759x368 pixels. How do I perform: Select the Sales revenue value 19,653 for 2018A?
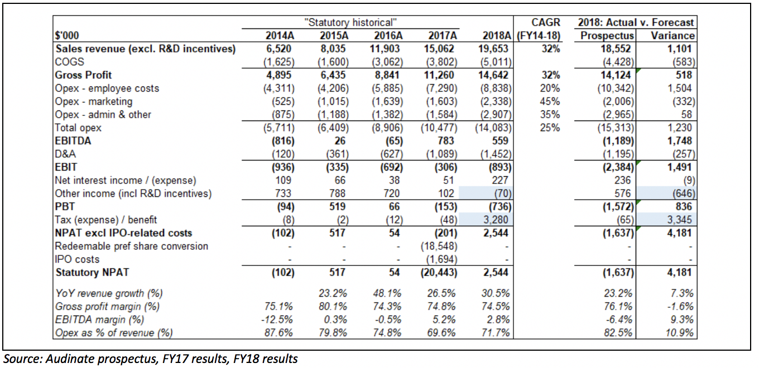(x=495, y=49)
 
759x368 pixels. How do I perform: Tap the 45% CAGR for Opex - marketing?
(x=550, y=101)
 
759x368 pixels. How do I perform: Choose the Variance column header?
(x=672, y=36)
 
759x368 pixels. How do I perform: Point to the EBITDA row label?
(x=73, y=141)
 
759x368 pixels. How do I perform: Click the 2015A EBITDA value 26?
(x=340, y=141)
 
